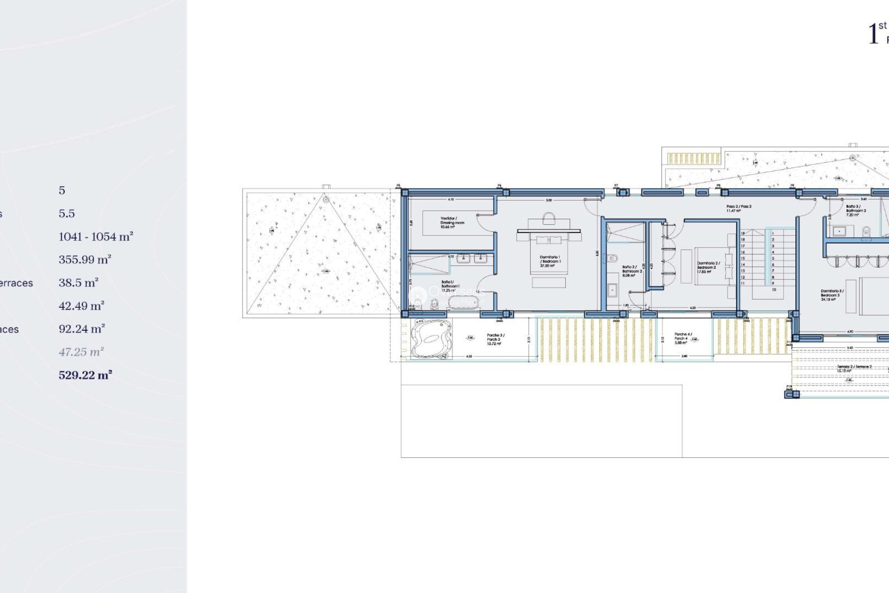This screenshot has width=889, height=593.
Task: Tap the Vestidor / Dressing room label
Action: pyautogui.click(x=451, y=222)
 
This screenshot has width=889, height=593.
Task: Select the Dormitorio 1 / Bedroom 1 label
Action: pyautogui.click(x=550, y=261)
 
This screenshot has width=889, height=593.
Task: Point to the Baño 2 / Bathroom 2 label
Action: pyautogui.click(x=632, y=271)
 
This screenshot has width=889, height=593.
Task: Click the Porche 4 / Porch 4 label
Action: pyautogui.click(x=682, y=338)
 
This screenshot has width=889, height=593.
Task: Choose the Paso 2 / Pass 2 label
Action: pyautogui.click(x=739, y=208)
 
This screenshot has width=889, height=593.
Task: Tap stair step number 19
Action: pyautogui.click(x=743, y=233)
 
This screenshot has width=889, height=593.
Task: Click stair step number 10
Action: pyautogui.click(x=773, y=290)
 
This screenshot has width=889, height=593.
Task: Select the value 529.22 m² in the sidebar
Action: pyautogui.click(x=85, y=375)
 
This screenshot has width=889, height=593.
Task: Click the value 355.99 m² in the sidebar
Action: pyautogui.click(x=85, y=259)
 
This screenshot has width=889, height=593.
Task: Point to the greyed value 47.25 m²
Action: pyautogui.click(x=81, y=352)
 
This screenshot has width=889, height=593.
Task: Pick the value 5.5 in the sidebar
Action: pyautogui.click(x=67, y=213)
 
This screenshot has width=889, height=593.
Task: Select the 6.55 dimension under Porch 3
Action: pyautogui.click(x=469, y=356)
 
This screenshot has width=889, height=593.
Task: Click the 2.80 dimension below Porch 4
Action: pyautogui.click(x=684, y=356)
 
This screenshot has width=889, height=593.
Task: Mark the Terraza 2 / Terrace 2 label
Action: pyautogui.click(x=854, y=369)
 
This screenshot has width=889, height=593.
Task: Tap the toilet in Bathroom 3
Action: pyautogui.click(x=866, y=231)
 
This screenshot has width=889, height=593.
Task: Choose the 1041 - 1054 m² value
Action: pyautogui.click(x=96, y=236)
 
